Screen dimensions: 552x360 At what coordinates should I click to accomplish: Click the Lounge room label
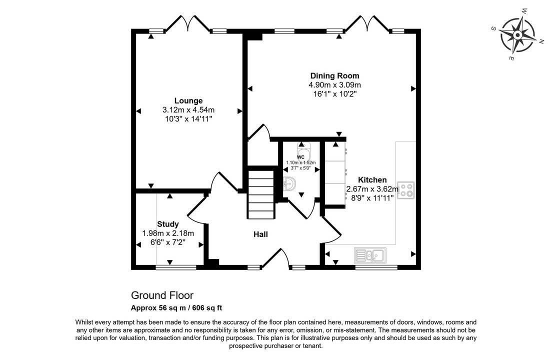(188, 101)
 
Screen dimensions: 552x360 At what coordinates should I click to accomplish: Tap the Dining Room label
(335, 75)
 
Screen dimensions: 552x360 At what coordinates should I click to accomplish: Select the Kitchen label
(372, 180)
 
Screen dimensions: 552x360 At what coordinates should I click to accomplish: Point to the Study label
(168, 224)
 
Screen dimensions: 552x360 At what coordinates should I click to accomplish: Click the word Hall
(260, 234)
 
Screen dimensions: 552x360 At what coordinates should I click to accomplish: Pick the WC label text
(300, 157)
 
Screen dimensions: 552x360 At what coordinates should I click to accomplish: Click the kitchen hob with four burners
(406, 190)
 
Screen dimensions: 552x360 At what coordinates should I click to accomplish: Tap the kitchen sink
(370, 255)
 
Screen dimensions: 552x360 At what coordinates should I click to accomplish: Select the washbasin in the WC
(289, 183)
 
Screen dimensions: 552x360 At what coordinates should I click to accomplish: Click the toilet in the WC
(303, 151)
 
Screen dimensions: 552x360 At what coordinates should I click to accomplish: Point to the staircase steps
(261, 194)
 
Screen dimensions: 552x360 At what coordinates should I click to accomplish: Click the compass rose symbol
(517, 35)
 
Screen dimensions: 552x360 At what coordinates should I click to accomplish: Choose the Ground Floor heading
(162, 295)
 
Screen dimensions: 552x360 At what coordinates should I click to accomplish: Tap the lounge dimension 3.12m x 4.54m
(188, 110)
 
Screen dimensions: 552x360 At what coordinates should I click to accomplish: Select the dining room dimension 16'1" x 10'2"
(335, 94)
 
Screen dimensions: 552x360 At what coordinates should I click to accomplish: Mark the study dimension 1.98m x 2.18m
(168, 233)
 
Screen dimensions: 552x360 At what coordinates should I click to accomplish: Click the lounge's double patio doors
(188, 23)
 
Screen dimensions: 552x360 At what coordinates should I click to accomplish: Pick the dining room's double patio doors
(367, 23)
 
